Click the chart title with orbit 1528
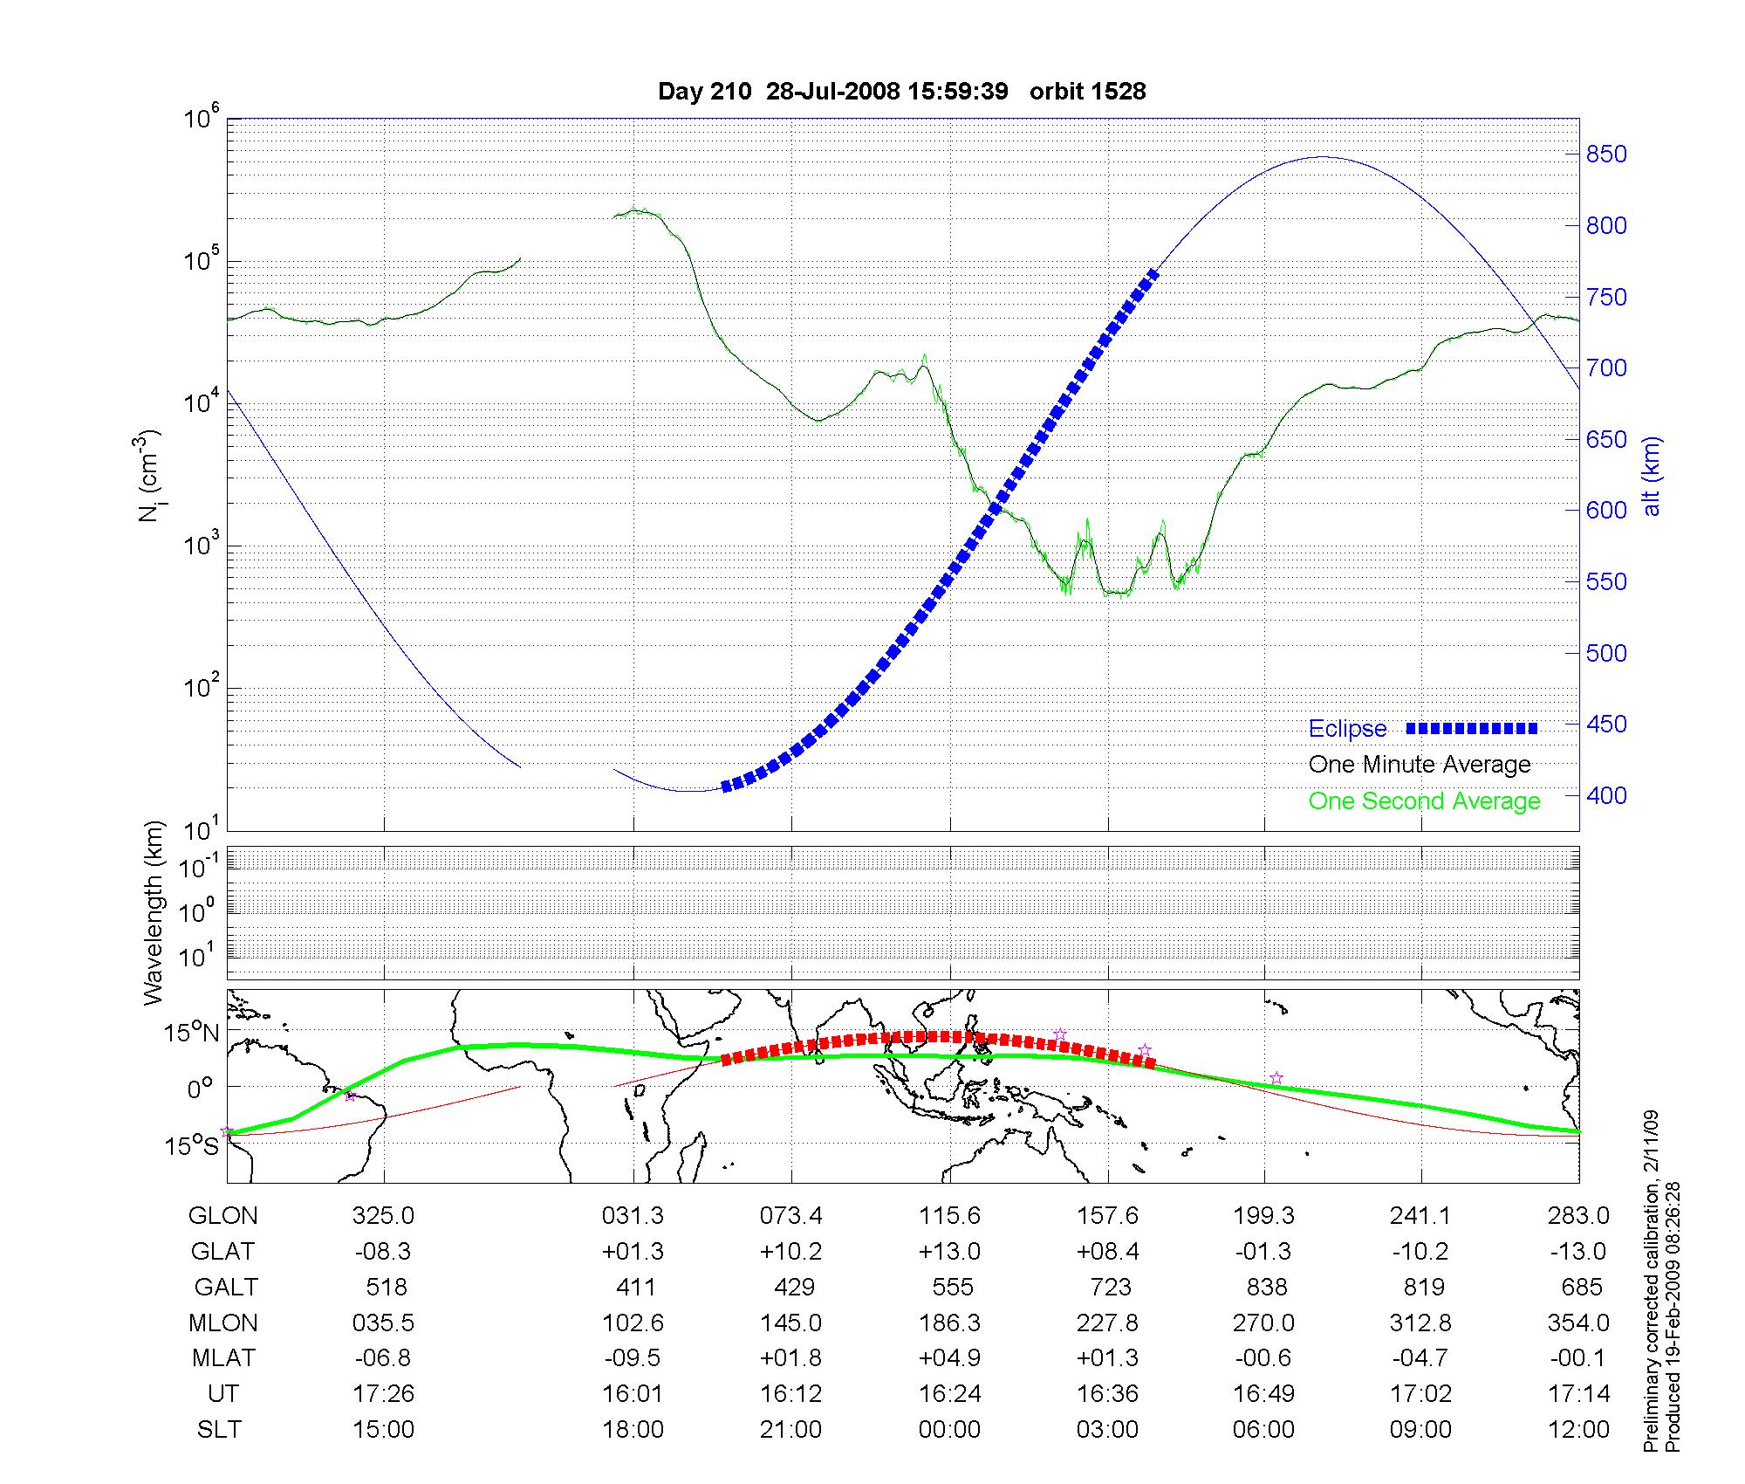pos(901,92)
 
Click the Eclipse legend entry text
pos(1347,729)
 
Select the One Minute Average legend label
pos(1420,765)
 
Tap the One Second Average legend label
pos(1424,801)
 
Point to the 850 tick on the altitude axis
pos(1606,155)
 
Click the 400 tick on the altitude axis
pos(1606,796)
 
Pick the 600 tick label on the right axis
pos(1606,511)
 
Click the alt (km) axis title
pos(1653,476)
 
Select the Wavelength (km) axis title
pos(154,912)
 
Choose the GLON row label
pos(223,1216)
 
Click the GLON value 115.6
pos(949,1216)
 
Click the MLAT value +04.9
pos(949,1359)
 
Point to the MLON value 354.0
pos(1577,1323)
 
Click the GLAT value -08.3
pos(383,1252)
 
